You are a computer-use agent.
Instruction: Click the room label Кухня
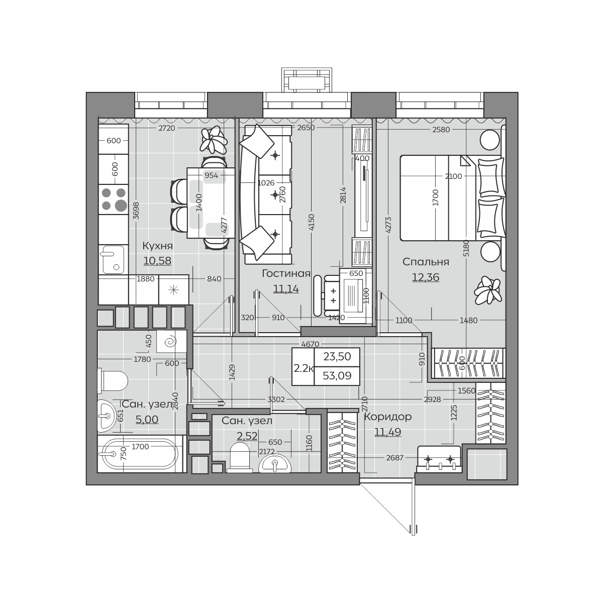(x=157, y=246)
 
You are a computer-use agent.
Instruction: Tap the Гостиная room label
(x=286, y=273)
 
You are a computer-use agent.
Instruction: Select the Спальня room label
(x=426, y=262)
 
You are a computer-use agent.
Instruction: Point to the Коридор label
(x=388, y=417)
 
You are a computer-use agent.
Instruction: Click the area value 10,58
(x=157, y=260)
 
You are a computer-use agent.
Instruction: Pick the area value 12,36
(x=426, y=277)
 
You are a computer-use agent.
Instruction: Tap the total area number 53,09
(x=337, y=375)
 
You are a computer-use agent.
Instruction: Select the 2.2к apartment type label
(x=304, y=368)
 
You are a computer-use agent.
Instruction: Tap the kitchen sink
(x=113, y=259)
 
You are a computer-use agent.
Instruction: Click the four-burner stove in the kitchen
(x=114, y=199)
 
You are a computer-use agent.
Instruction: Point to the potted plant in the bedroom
(x=487, y=290)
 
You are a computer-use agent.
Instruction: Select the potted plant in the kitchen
(x=214, y=140)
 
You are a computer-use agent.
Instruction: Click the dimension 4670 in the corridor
(x=310, y=344)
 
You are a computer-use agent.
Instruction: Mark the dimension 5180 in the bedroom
(x=466, y=248)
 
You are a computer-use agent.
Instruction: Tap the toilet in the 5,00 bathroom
(x=113, y=381)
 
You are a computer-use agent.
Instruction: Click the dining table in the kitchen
(x=211, y=203)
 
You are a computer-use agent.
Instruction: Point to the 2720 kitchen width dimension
(x=167, y=128)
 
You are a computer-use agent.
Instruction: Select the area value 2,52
(x=247, y=436)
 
